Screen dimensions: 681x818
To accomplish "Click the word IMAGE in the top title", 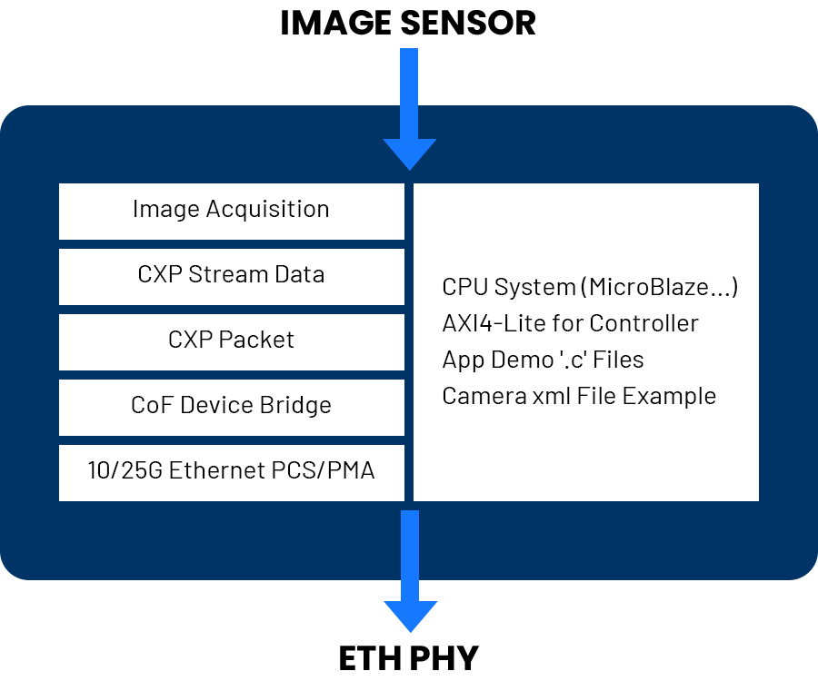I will coord(332,23).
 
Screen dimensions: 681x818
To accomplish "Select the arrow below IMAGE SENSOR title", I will coord(409,109).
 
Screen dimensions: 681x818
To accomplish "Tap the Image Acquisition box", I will coord(231,211).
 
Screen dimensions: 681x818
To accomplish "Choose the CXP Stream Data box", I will coord(231,276).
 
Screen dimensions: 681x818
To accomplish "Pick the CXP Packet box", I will coord(231,341).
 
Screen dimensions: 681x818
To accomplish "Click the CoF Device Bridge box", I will coord(231,407).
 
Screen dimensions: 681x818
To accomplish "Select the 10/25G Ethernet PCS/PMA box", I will coord(231,472).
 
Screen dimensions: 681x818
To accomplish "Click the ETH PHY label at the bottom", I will coord(409,655).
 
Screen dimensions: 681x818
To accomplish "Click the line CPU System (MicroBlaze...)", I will coord(590,288).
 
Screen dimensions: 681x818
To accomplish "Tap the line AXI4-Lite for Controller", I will coord(570,323).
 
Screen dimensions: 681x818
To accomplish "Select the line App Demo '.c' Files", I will coord(543,360).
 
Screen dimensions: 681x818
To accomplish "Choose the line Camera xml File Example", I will coord(579,397).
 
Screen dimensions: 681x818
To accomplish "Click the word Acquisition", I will coord(267,210).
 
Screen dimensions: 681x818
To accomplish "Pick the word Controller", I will coord(643,323).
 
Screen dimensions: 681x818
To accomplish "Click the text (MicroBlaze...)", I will coord(662,288).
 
